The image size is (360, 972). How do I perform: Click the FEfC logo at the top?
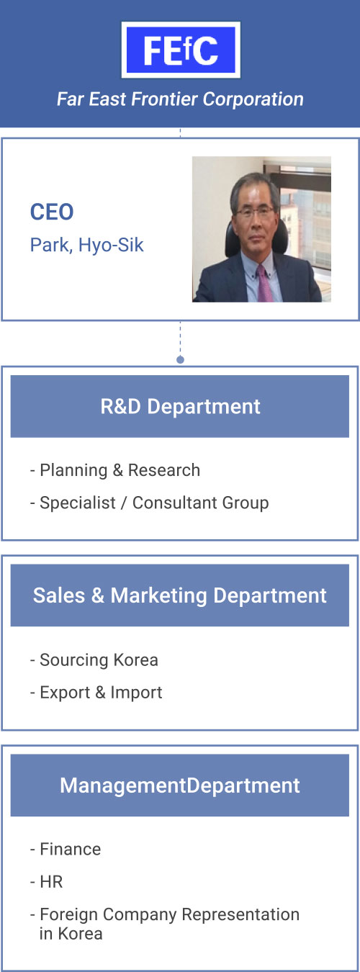coord(181,50)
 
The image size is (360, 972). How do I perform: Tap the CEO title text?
coord(52,212)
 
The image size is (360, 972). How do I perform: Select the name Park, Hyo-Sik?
coord(86,246)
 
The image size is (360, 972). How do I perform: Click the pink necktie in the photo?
coord(264,284)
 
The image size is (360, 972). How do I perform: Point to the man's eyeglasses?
coord(254,212)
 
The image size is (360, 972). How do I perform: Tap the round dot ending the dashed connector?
coord(181,360)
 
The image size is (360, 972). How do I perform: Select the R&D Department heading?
coord(180,407)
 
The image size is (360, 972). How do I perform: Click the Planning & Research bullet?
coord(115,470)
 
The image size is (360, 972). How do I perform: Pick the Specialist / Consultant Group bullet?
coord(149,503)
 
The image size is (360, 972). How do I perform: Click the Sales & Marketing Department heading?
coord(179,595)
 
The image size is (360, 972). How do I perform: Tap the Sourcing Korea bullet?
coord(94,660)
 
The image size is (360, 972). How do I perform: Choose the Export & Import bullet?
coord(96,693)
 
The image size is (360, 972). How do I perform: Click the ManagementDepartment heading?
coord(179,786)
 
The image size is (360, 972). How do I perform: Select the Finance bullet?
coord(65,849)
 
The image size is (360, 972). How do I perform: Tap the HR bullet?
coord(46,882)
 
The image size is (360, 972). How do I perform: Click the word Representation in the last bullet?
coord(240,914)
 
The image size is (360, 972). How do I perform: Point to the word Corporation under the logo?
coord(253,99)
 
